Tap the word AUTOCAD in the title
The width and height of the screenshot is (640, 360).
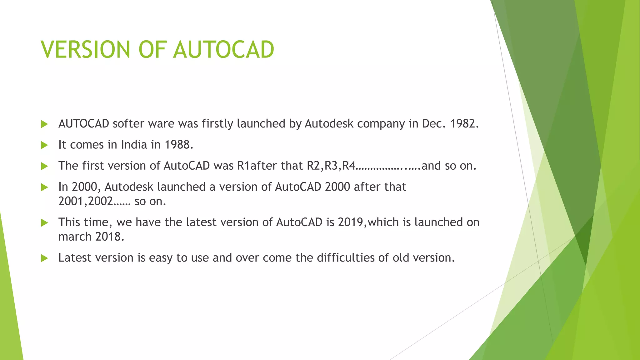224,50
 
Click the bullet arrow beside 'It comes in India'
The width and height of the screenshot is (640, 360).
44,145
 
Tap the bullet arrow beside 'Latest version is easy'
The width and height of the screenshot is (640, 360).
44,258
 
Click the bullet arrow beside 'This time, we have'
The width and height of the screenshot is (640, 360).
44,223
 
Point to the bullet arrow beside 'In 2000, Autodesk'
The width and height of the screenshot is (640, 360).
44,187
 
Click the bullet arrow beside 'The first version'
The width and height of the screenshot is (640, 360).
44,166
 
